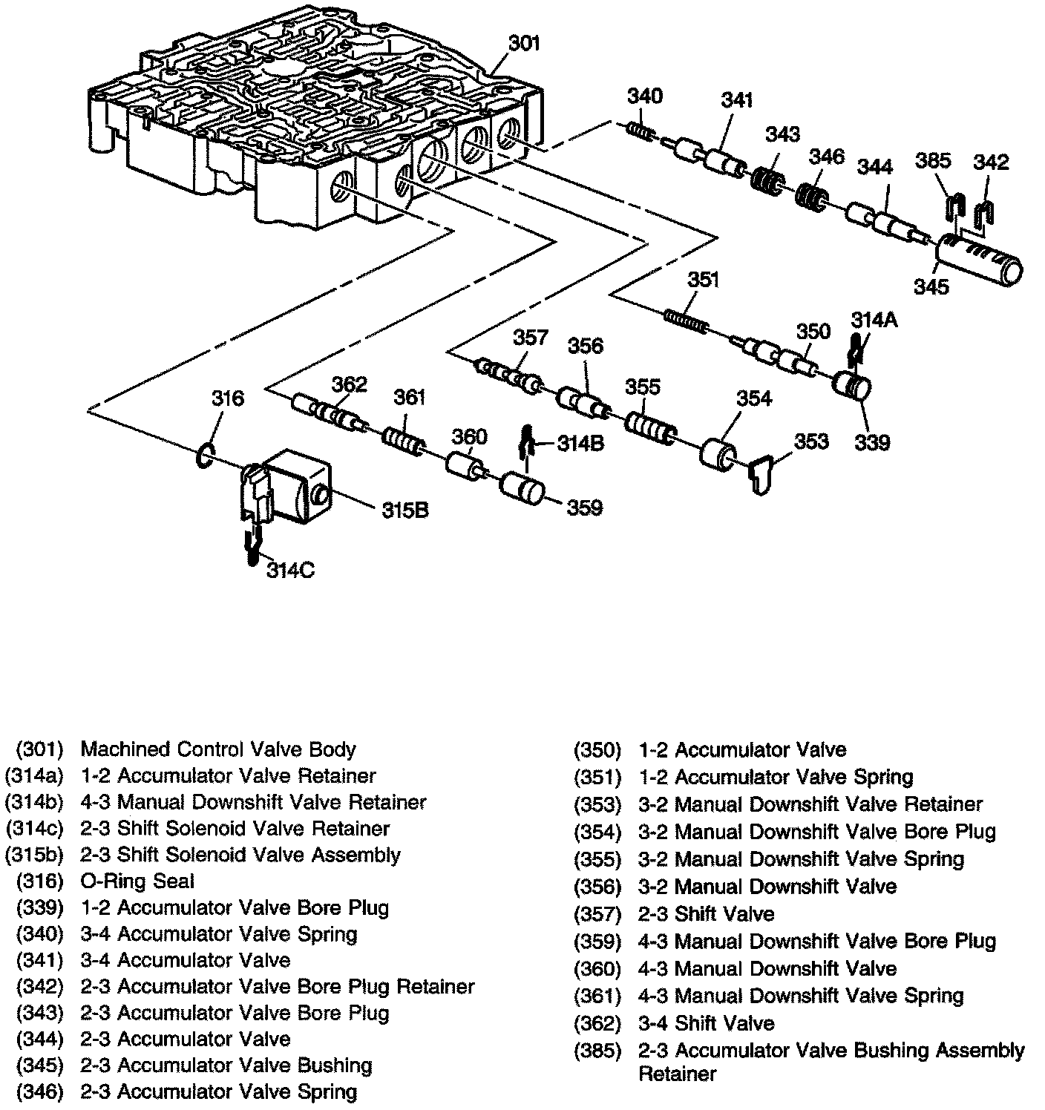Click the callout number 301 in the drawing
coord(525,44)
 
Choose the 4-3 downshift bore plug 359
coord(522,489)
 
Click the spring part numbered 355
coord(649,428)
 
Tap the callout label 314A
coord(874,320)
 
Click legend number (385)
coord(597,1051)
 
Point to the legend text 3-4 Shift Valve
coord(706,1023)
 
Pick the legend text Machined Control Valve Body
coord(217,749)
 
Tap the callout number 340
coord(645,97)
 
